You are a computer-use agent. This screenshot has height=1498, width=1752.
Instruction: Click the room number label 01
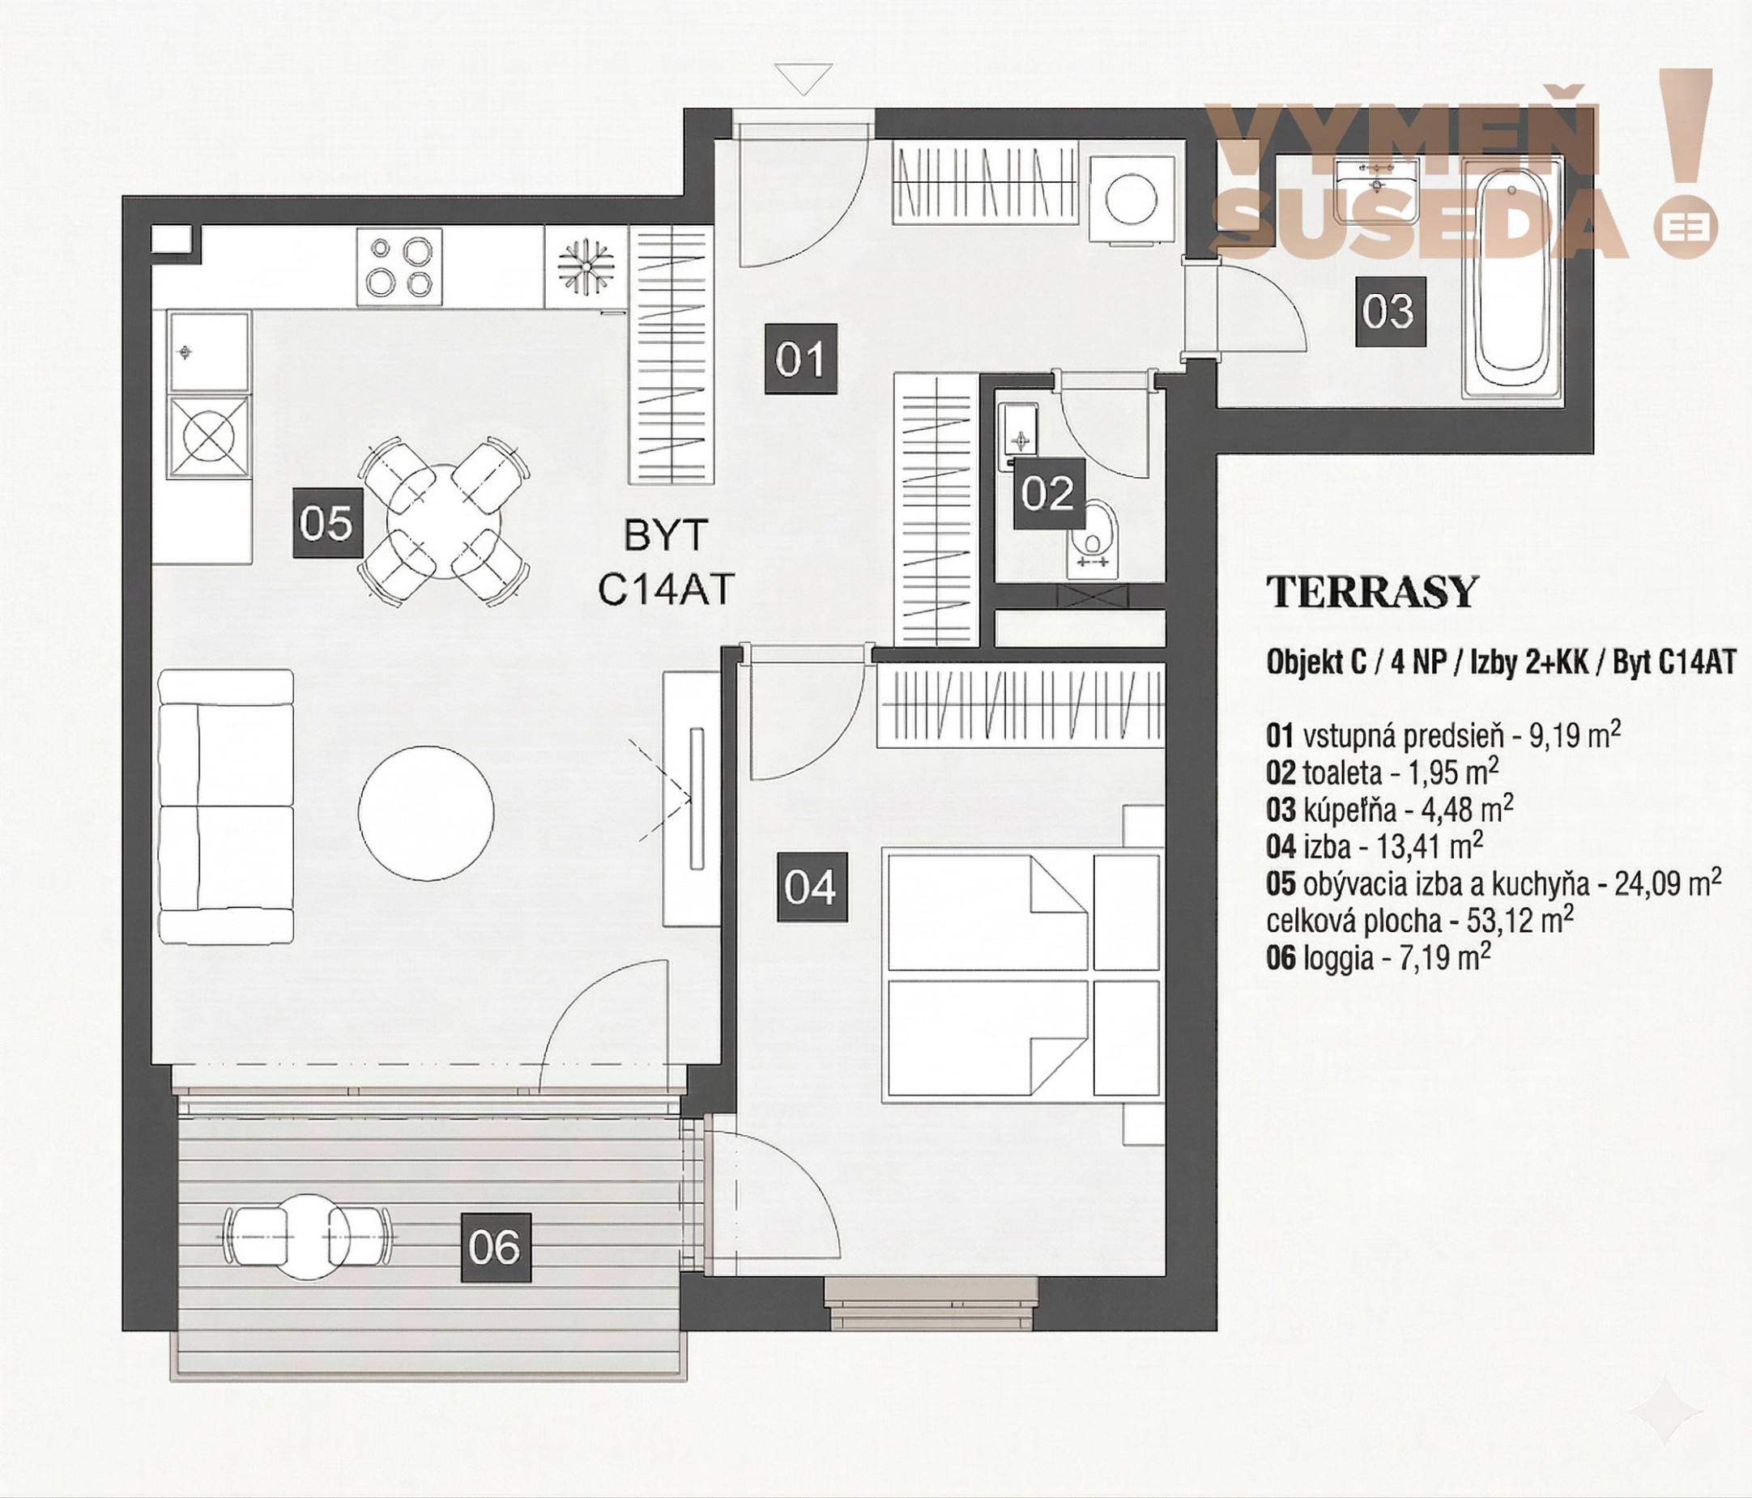tap(801, 359)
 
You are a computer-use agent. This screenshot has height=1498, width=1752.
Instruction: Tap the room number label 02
tap(1047, 494)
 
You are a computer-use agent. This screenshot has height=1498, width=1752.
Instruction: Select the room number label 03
tap(1390, 312)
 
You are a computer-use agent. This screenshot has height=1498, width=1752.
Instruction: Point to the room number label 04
tap(812, 887)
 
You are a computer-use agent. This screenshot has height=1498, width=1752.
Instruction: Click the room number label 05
tap(328, 523)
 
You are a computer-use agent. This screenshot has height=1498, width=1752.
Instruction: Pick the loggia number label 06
tap(496, 1248)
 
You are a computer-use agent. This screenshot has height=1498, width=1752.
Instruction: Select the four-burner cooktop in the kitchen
tap(399, 267)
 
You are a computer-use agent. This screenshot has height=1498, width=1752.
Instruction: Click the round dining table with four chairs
tap(444, 521)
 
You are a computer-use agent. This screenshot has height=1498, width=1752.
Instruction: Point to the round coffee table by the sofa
tap(426, 812)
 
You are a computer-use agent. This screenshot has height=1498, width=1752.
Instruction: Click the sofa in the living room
tap(226, 806)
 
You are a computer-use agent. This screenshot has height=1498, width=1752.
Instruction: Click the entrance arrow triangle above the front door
tap(804, 79)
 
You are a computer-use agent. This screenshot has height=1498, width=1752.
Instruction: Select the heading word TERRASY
tap(1371, 592)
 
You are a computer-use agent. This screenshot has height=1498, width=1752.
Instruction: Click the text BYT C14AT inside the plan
tap(667, 563)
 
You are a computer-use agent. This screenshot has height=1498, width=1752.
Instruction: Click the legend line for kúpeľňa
tap(1389, 810)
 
